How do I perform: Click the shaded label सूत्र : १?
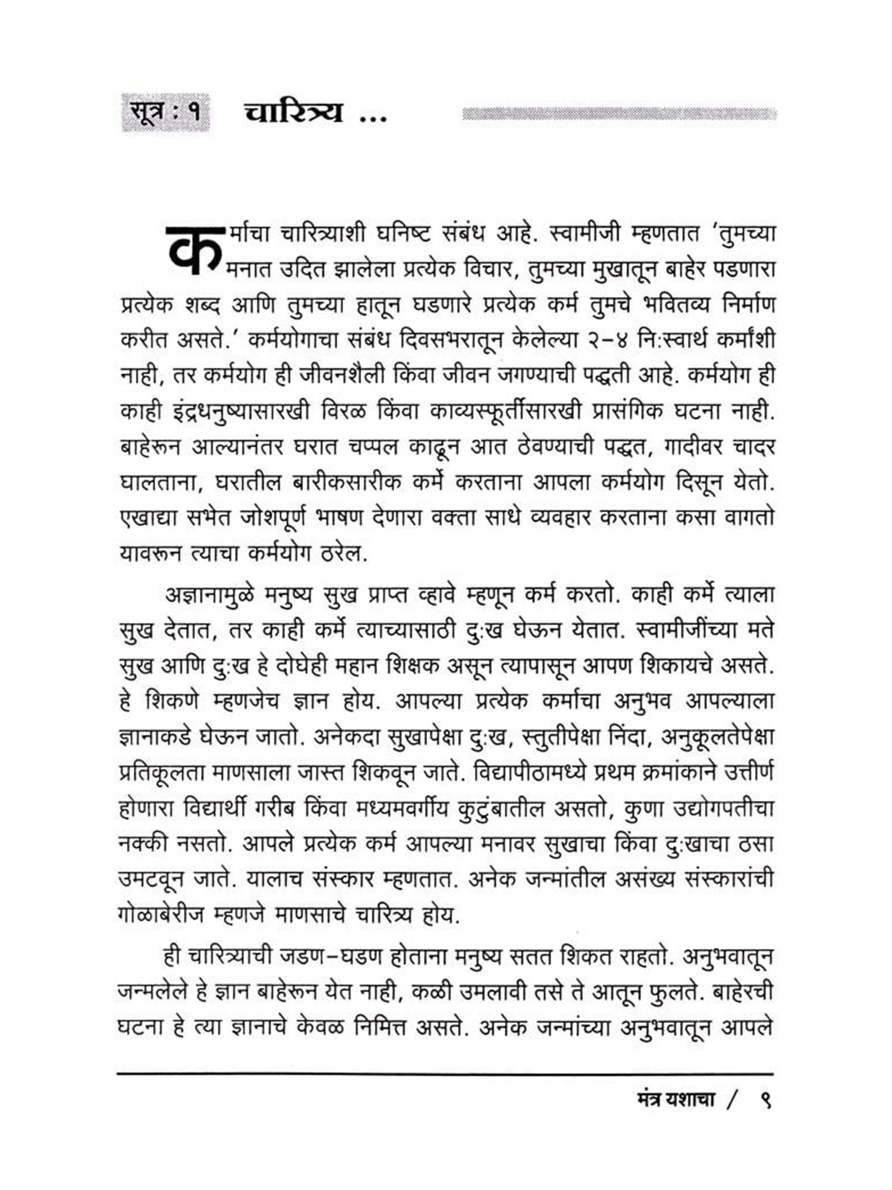(165, 112)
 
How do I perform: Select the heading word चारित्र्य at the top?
(294, 111)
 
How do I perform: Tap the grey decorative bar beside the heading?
(618, 114)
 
